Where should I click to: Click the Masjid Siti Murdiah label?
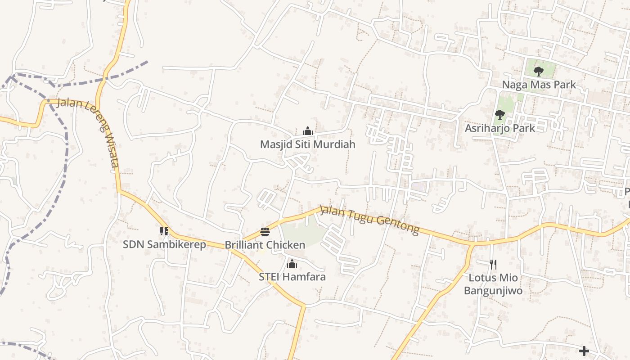[308, 144]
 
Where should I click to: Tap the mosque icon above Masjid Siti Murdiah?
[308, 131]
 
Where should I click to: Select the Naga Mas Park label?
[539, 85]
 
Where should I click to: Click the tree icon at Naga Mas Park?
[538, 71]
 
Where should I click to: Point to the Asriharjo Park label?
[500, 128]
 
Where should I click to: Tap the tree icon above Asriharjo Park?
[499, 115]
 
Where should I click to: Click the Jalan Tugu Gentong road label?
[369, 220]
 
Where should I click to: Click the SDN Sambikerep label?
[164, 244]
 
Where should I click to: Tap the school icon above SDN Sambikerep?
[164, 231]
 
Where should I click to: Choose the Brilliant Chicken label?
[265, 245]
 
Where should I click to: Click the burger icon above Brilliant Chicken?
[265, 232]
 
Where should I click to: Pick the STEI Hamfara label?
[292, 277]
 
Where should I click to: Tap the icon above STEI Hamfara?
[292, 264]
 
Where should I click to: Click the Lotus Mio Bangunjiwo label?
[493, 284]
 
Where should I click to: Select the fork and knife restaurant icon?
[493, 264]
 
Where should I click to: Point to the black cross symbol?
[584, 351]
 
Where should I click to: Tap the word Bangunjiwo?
[493, 291]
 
